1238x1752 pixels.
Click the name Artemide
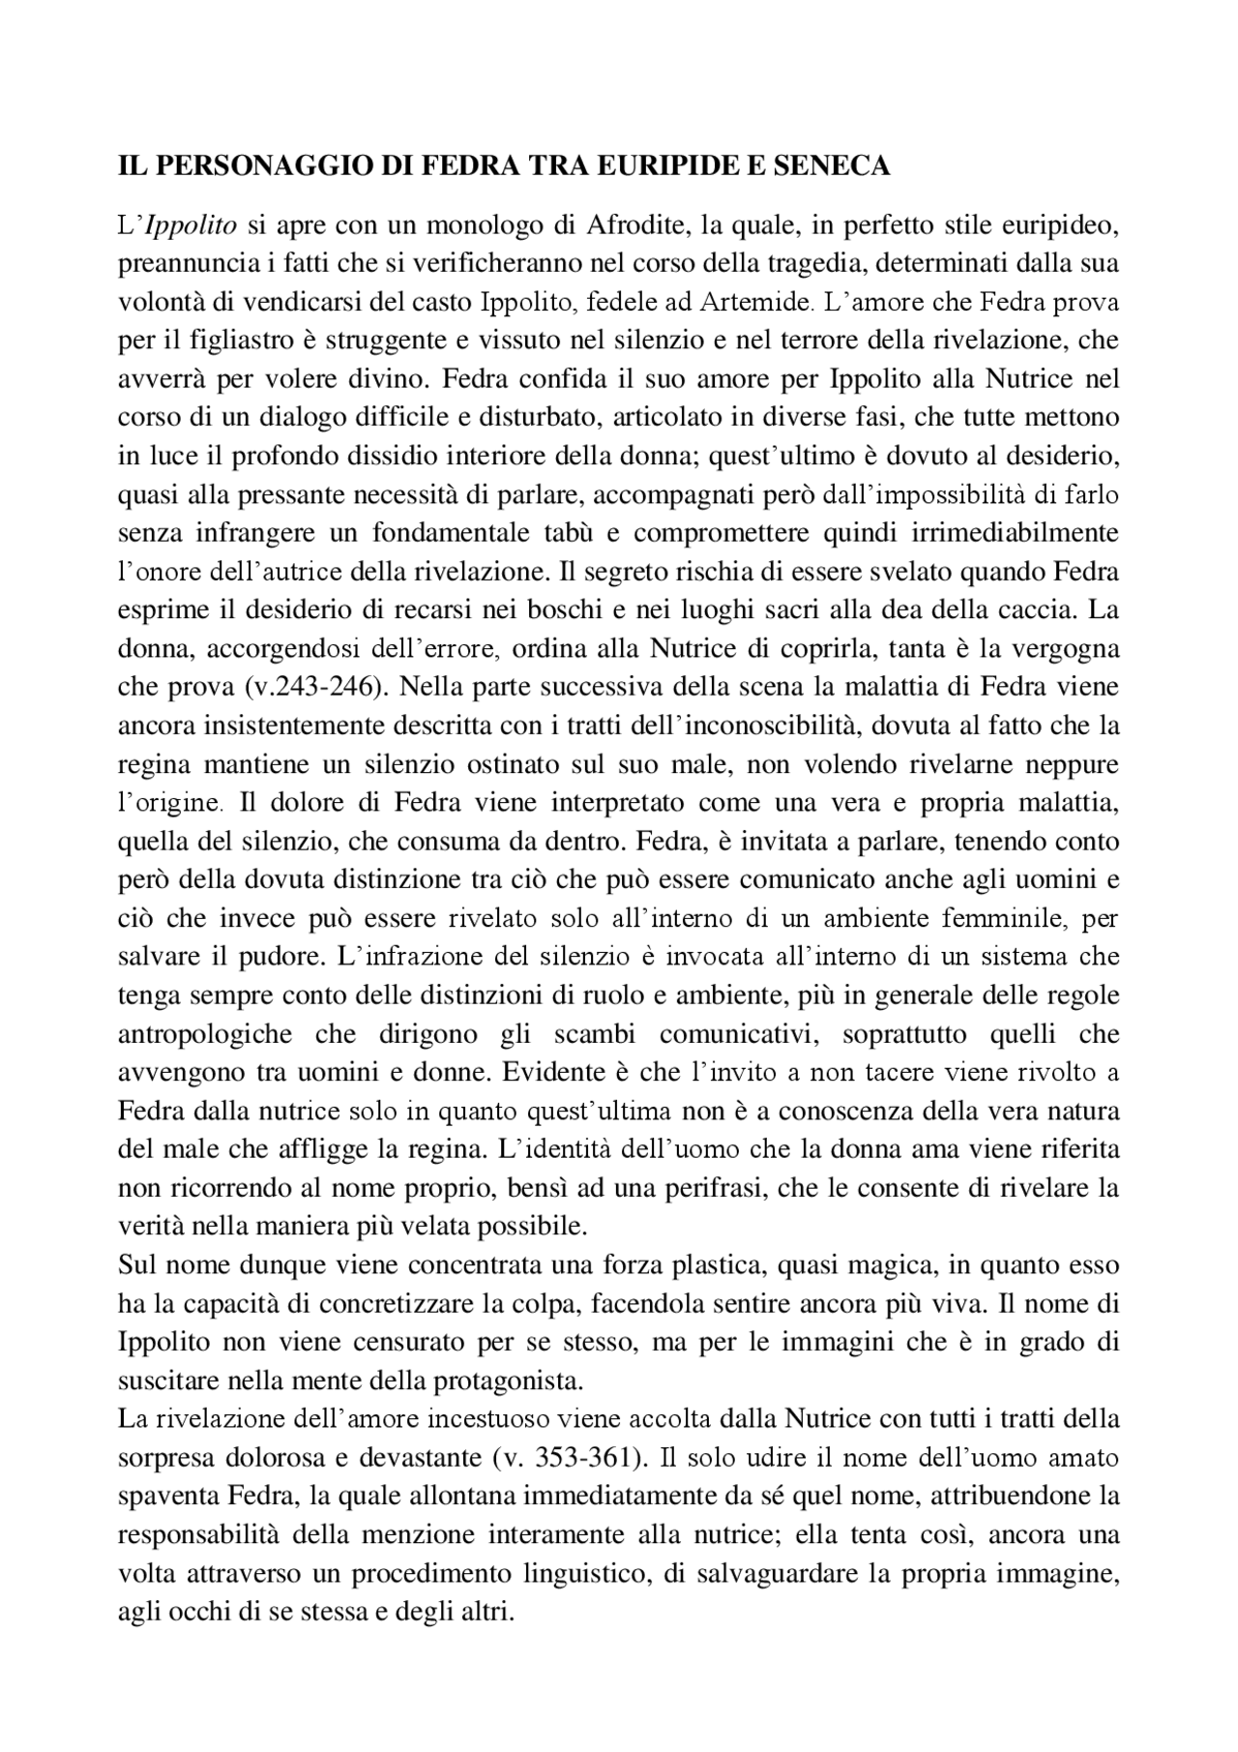pos(756,303)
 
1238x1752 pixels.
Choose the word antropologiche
pos(205,1033)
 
